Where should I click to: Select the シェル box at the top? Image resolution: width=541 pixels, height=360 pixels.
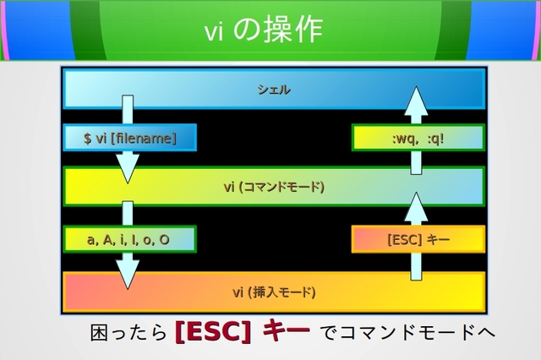tap(273, 89)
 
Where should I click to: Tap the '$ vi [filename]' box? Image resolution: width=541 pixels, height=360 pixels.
tap(129, 138)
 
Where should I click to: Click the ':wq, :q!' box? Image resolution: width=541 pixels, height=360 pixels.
tap(418, 138)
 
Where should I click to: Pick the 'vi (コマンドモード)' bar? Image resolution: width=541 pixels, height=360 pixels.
tap(273, 187)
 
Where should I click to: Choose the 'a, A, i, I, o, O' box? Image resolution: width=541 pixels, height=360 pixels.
tap(128, 239)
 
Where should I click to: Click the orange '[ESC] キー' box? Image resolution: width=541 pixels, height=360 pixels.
tap(418, 239)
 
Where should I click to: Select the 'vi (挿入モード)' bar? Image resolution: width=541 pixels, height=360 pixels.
tap(273, 292)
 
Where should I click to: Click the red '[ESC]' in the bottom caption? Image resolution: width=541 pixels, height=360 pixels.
tap(212, 332)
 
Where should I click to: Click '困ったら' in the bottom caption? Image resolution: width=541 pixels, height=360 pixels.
tap(128, 333)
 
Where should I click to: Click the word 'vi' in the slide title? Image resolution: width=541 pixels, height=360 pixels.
tap(213, 31)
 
